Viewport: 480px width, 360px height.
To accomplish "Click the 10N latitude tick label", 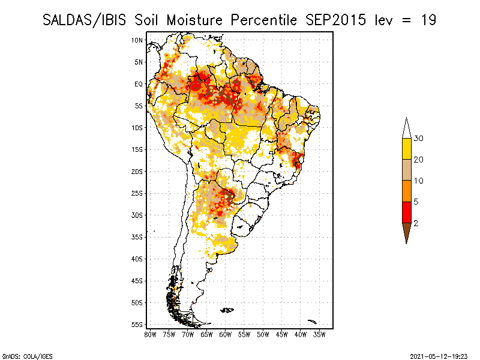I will coord(137,40).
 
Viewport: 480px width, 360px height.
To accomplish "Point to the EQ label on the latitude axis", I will coord(139,84).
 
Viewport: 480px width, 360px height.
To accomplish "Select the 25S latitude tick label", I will coord(137,193).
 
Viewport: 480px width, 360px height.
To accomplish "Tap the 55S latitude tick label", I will coord(137,325).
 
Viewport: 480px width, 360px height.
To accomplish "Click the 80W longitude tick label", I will coord(150,334).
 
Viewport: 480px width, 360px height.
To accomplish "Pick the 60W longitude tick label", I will coord(226,334).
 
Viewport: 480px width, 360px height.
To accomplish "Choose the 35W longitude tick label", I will coord(320,334).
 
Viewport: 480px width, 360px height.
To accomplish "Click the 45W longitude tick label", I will coord(282,334).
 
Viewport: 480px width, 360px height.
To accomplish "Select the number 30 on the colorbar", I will coord(419,139).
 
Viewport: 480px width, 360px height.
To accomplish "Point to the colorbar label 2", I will coord(416,223).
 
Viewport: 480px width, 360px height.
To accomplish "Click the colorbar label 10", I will coord(419,181).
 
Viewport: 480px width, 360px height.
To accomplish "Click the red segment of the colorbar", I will coord(406,212).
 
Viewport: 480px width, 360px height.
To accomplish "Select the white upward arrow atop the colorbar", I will coord(406,128).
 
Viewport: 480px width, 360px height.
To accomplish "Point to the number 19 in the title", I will coord(428,20).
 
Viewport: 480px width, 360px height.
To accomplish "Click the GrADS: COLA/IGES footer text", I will coord(27,355).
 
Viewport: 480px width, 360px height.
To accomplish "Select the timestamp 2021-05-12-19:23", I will coord(439,355).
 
